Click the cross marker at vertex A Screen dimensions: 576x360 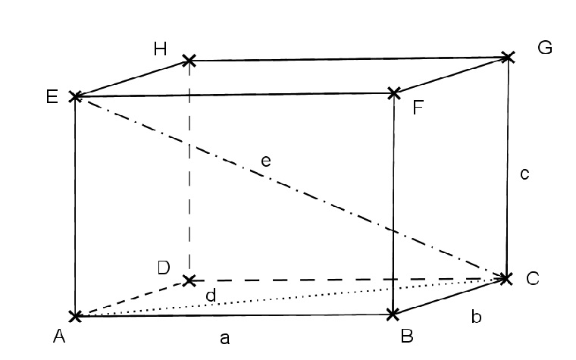click(x=75, y=315)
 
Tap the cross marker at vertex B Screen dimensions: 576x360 click(x=393, y=315)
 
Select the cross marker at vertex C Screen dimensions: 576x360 click(x=506, y=278)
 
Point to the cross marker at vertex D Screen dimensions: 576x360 click(x=189, y=281)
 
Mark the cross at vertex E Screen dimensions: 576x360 click(x=75, y=96)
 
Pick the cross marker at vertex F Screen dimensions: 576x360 click(x=394, y=93)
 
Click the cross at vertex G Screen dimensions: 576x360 click(x=508, y=58)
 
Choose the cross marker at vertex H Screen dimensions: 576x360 click(x=189, y=60)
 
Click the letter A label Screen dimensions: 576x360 click(x=59, y=336)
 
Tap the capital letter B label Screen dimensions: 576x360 click(x=407, y=336)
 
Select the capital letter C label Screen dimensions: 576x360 click(x=532, y=278)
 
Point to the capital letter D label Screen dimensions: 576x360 click(x=164, y=268)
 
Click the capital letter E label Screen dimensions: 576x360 click(x=52, y=96)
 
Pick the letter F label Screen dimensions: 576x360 click(x=418, y=108)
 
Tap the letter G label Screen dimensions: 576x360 click(x=545, y=48)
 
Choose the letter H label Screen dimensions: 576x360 click(x=160, y=49)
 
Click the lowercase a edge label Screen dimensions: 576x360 click(x=225, y=338)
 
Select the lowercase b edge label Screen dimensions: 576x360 click(x=476, y=316)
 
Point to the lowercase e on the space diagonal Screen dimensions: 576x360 click(x=266, y=161)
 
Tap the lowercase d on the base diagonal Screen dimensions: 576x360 click(x=211, y=296)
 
